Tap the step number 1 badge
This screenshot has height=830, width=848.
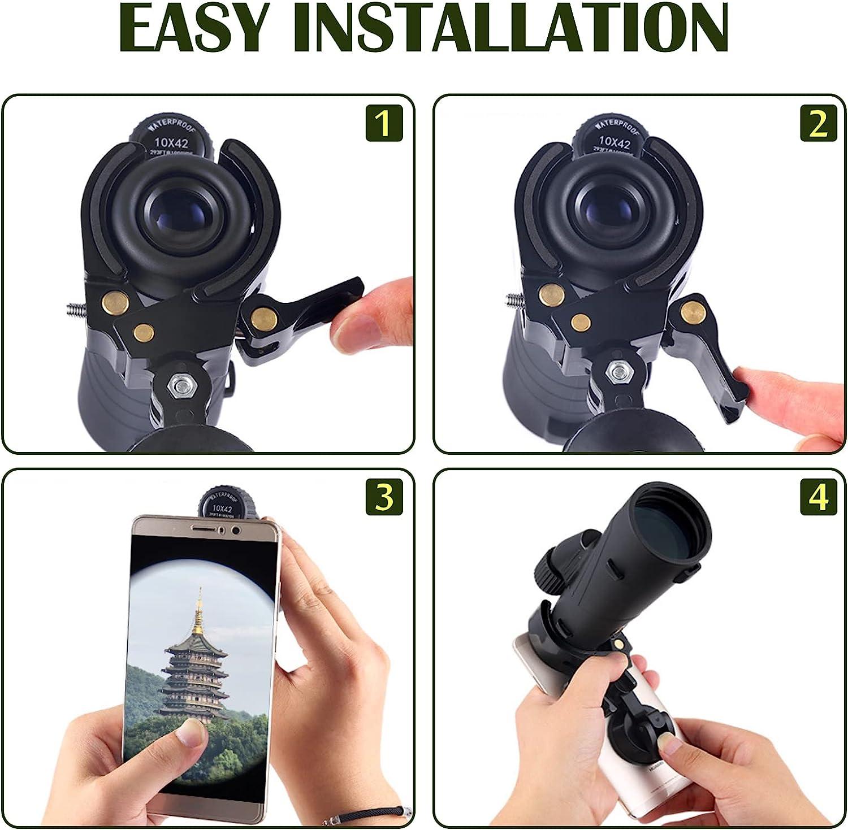[384, 123]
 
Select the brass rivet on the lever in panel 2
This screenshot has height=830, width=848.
[691, 310]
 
